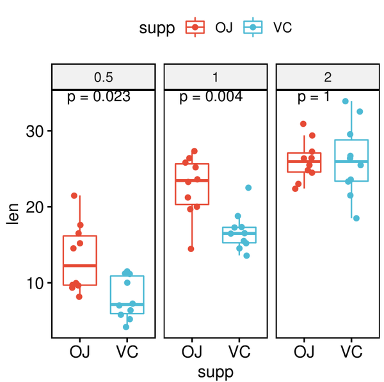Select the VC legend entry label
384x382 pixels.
(283, 28)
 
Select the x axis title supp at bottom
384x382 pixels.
(215, 371)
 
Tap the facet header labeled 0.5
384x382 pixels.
(104, 77)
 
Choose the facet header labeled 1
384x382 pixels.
(215, 77)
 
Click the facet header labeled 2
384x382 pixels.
(328, 77)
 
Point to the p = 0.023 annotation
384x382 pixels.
(99, 97)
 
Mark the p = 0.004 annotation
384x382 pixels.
(211, 97)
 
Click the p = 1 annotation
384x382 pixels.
(314, 97)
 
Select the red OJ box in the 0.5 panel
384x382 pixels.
(79, 260)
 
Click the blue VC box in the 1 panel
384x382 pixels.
(239, 235)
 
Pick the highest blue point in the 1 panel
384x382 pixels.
(248, 188)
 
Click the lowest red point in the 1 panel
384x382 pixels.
(191, 248)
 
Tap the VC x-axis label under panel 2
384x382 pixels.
(351, 351)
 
